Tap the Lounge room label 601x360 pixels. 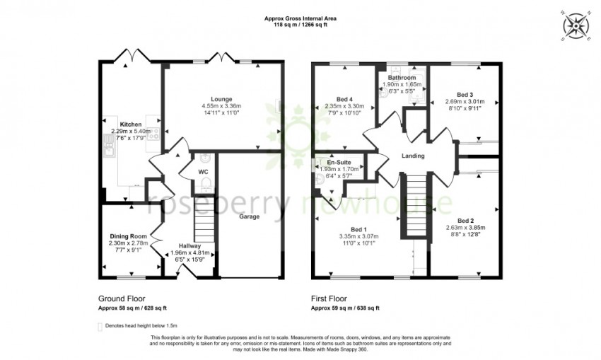tap(221, 99)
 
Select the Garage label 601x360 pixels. tap(250, 217)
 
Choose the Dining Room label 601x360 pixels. tap(128, 236)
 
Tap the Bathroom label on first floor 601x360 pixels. tap(401, 77)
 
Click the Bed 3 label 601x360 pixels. tap(464, 95)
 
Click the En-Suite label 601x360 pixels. tap(339, 162)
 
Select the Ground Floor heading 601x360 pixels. tap(122, 299)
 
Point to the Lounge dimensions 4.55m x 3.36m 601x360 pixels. tap(221, 107)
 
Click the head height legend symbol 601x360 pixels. tap(100, 326)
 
